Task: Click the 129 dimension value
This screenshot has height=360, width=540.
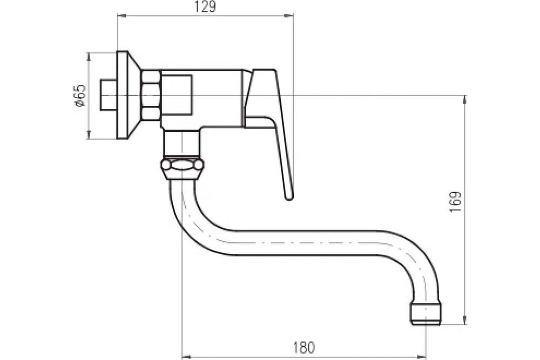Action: click(x=205, y=6)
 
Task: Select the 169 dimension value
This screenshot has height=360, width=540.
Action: click(x=455, y=202)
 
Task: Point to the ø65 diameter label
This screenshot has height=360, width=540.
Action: click(x=79, y=96)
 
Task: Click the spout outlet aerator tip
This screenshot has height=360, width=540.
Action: click(x=426, y=314)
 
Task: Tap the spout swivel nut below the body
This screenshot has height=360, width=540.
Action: click(x=182, y=169)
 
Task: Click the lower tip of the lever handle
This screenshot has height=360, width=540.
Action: click(x=289, y=198)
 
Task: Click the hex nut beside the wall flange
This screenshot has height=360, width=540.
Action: click(x=151, y=96)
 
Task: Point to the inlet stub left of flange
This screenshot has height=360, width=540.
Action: click(x=109, y=96)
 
